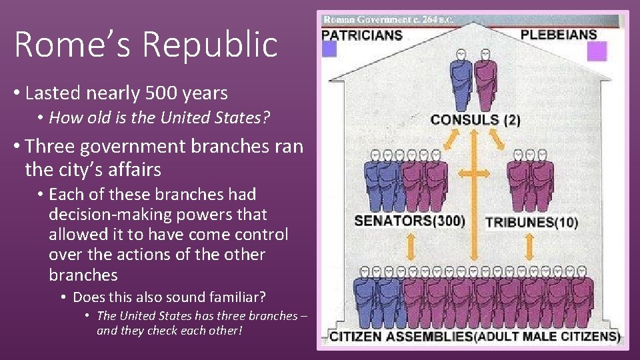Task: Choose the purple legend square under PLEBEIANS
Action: pyautogui.click(x=597, y=51)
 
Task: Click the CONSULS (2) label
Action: pyautogui.click(x=475, y=120)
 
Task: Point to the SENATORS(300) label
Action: pyautogui.click(x=409, y=221)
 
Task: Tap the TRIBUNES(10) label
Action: pyautogui.click(x=531, y=222)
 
